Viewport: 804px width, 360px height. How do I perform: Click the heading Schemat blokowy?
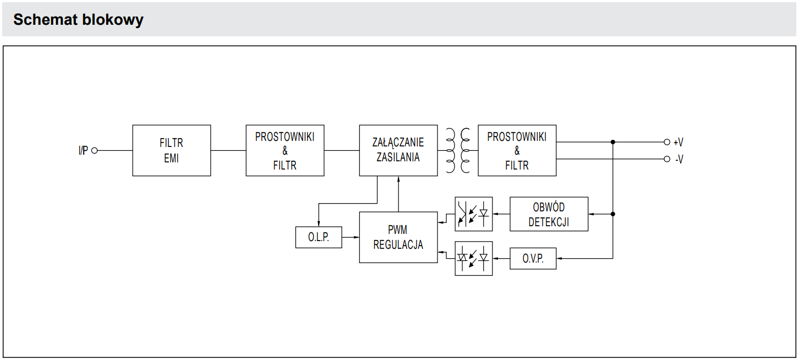[x=78, y=20]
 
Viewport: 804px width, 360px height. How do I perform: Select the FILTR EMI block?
[x=171, y=150]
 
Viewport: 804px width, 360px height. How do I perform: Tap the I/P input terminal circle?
[x=94, y=150]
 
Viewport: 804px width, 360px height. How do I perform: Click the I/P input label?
[x=83, y=150]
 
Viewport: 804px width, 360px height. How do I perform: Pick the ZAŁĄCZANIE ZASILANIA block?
[x=398, y=150]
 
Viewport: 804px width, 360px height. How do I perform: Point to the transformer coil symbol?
[x=458, y=150]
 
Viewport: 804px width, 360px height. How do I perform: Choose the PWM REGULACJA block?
[x=398, y=237]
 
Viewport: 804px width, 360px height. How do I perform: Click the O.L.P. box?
[x=319, y=237]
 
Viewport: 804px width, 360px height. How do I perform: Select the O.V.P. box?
[x=533, y=258]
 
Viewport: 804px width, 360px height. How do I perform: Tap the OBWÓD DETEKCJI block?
[x=549, y=214]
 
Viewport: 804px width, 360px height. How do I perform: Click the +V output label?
[x=679, y=142]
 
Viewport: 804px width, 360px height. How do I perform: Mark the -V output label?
[x=679, y=160]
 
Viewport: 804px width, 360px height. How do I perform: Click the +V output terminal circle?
[x=667, y=142]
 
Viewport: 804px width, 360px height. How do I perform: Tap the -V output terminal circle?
[x=667, y=160]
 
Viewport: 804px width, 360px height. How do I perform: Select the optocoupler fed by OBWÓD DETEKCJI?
[x=473, y=214]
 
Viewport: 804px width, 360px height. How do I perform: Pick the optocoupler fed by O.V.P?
[x=473, y=258]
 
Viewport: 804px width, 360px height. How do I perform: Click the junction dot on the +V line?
[x=613, y=142]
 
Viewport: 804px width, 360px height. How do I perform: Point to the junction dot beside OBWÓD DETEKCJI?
[x=613, y=214]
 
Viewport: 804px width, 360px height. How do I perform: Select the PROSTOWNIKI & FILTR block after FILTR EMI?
[x=285, y=150]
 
